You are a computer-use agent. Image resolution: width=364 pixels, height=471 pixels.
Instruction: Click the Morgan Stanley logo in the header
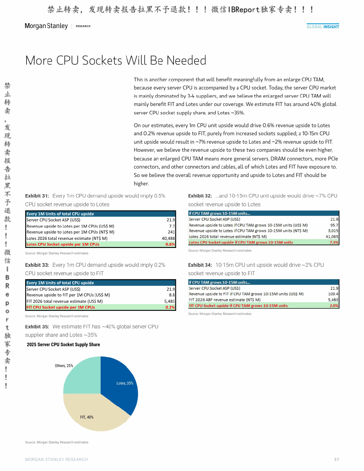point(46,26)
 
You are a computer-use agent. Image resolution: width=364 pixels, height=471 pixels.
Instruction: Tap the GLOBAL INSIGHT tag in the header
point(323,27)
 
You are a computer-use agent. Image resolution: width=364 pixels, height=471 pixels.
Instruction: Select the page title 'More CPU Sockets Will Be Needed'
point(116,60)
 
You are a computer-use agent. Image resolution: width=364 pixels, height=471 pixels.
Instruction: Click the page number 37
point(336,459)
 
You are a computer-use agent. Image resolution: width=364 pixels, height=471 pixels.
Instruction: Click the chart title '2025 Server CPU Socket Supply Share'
point(63,345)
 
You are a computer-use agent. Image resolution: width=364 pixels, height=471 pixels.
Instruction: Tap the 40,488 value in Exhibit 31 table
point(168,238)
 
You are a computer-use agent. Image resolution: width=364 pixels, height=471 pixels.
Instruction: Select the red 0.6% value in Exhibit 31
point(170,244)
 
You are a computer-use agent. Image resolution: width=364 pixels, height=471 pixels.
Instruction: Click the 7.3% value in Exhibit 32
point(334,242)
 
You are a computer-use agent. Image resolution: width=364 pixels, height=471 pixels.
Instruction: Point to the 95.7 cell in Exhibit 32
point(334,225)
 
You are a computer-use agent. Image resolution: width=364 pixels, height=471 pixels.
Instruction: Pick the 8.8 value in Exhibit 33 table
point(172,295)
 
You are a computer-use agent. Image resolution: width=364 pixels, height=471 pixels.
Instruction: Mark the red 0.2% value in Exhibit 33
point(170,307)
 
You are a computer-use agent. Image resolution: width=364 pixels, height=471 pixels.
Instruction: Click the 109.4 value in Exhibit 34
point(333,294)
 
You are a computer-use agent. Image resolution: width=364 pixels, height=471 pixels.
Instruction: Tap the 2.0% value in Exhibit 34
point(334,305)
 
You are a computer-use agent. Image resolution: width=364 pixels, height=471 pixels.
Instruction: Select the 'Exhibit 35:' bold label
point(37,327)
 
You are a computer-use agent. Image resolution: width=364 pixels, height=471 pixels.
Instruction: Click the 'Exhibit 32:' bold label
point(200,196)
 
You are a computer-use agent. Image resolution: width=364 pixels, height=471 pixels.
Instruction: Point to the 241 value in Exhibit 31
point(171,232)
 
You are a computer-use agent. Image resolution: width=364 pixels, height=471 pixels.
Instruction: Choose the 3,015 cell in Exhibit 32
point(333,231)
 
